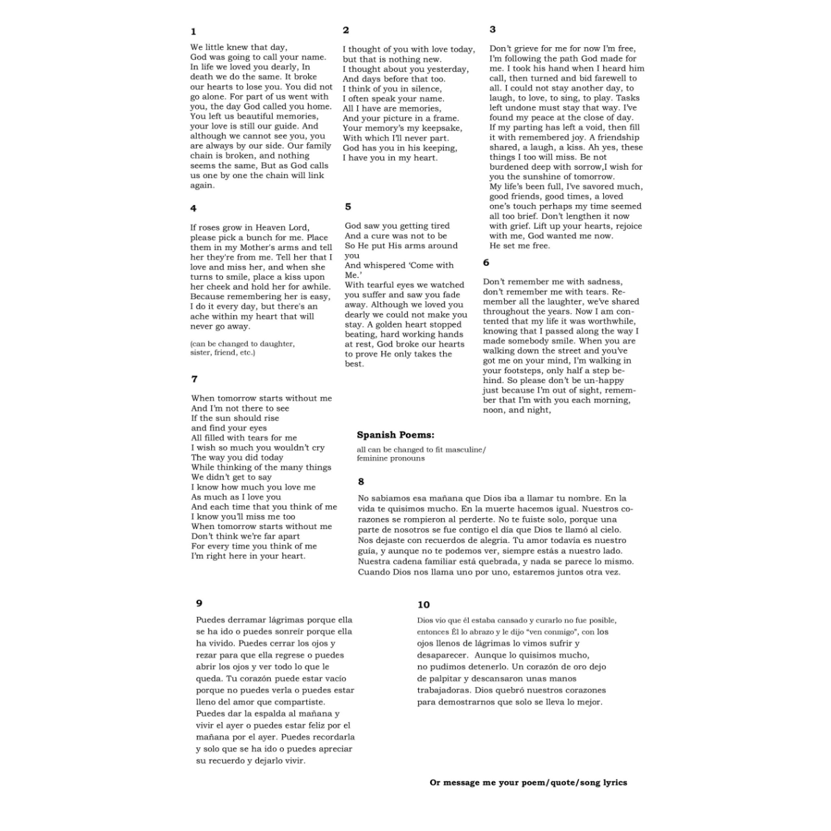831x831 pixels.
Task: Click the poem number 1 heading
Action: coord(193,31)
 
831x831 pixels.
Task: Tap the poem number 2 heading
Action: coord(346,30)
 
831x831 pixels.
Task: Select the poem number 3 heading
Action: coord(492,29)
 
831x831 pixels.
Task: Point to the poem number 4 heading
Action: coord(193,208)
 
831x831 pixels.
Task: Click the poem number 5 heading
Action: coord(348,206)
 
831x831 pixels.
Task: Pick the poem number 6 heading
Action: coord(486,262)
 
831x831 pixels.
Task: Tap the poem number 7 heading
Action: coord(195,379)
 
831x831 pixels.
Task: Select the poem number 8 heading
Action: coord(361,481)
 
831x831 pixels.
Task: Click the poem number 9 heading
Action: coord(199,603)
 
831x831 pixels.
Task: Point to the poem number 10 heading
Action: coord(423,605)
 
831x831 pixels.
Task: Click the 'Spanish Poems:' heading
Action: coord(395,435)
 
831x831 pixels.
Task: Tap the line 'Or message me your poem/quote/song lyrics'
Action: coord(528,783)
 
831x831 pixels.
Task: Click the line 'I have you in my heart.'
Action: coord(390,158)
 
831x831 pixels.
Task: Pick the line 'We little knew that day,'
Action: coord(238,47)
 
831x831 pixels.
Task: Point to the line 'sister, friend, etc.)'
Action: coord(222,352)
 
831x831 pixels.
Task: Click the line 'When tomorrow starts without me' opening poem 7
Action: coord(261,398)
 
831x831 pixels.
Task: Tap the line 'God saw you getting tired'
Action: coord(397,226)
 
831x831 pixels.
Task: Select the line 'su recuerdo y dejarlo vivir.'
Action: coord(251,760)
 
